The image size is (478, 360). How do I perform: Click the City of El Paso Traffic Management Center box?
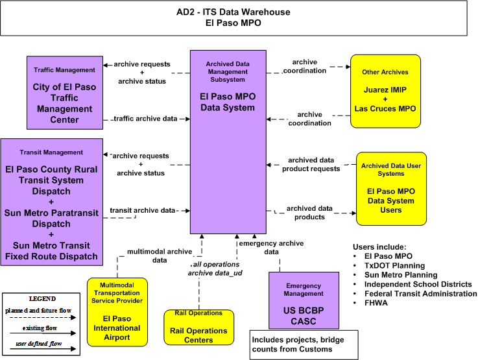[x=65, y=93]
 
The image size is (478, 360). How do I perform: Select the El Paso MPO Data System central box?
[x=228, y=142]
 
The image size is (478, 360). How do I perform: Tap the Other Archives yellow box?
[x=385, y=91]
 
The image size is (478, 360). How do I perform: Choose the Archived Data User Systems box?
[x=391, y=189]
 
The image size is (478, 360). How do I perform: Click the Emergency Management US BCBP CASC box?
[x=304, y=300]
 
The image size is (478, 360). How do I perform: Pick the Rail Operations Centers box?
[x=198, y=328]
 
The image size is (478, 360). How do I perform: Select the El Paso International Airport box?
[x=117, y=312]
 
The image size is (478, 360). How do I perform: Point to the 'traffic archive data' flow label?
[x=145, y=119]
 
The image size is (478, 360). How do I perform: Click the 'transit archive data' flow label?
[x=143, y=210]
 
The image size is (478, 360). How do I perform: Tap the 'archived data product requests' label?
[x=311, y=164]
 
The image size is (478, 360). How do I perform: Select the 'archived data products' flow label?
[x=309, y=213]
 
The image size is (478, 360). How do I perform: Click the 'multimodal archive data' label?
[x=160, y=256]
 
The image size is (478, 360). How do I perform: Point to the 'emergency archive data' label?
[x=271, y=248]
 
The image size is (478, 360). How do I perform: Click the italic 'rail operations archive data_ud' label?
[x=215, y=269]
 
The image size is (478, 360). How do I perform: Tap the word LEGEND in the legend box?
[x=42, y=299]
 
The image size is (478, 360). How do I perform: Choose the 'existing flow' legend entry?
[x=40, y=328]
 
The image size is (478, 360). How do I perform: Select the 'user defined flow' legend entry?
[x=39, y=344]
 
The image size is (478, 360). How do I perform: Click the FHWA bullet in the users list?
[x=376, y=303]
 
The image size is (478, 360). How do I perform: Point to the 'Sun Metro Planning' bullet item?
[x=401, y=275]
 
